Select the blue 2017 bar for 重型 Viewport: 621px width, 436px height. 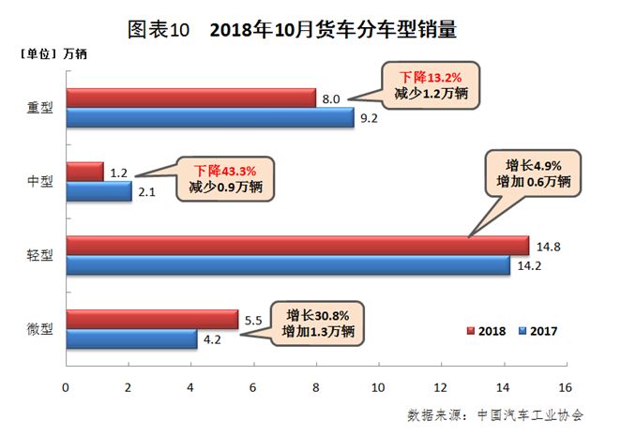tap(209, 117)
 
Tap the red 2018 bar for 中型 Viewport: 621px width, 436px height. tap(84, 172)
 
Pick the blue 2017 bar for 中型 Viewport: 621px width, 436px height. tap(98, 191)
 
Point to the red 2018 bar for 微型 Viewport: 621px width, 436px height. tap(151, 319)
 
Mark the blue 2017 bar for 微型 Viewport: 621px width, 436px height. tap(131, 338)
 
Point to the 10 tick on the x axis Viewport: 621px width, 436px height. tap(378, 386)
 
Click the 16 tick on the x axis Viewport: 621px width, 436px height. tap(565, 386)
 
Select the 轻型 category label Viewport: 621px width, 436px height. tap(40, 255)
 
